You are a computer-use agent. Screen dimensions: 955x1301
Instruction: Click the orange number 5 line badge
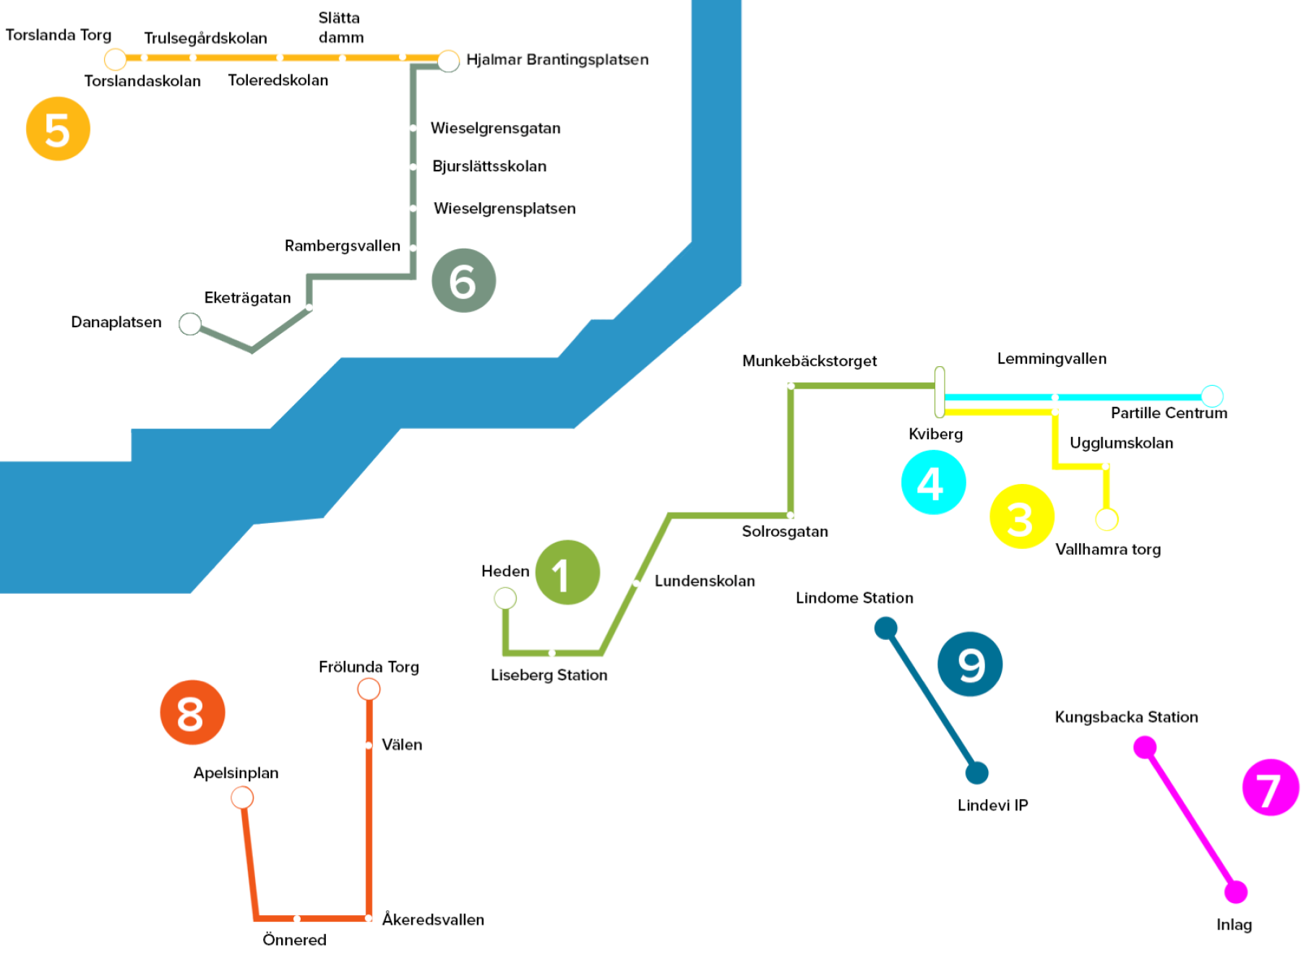pos(58,129)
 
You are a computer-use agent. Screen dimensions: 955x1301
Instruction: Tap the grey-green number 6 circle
pos(463,280)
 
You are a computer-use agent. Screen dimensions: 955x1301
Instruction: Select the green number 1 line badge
pos(567,572)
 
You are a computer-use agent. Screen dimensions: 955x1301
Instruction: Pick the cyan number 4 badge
pos(933,483)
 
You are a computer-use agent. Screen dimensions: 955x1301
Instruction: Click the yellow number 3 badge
pos(1021,517)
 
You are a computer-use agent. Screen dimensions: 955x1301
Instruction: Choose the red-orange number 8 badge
pos(192,712)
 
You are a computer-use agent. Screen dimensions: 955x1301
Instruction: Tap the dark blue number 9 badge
pos(970,664)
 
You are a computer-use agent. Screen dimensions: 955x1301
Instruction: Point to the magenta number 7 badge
pos(1271,787)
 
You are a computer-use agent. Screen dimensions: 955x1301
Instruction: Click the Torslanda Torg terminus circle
pos(116,59)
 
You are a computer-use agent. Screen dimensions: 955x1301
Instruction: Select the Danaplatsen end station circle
pos(190,324)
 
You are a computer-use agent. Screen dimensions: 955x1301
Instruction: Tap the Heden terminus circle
pos(505,598)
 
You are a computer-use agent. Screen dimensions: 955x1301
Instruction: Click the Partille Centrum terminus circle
pos(1212,396)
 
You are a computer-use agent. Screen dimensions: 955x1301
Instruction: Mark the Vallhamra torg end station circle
pos(1107,519)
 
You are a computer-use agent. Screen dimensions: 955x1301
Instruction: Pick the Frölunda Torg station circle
pos(369,689)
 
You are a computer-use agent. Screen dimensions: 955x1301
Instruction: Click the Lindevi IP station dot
pos(976,773)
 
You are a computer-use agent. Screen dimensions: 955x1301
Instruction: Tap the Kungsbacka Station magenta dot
pos(1145,747)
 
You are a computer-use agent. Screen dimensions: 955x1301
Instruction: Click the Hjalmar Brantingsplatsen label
pos(557,59)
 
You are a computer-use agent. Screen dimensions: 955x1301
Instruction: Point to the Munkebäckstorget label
pos(809,360)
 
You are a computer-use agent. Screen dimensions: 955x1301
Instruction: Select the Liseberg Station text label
pos(549,675)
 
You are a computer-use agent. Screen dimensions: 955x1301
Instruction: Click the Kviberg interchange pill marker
pos(939,392)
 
